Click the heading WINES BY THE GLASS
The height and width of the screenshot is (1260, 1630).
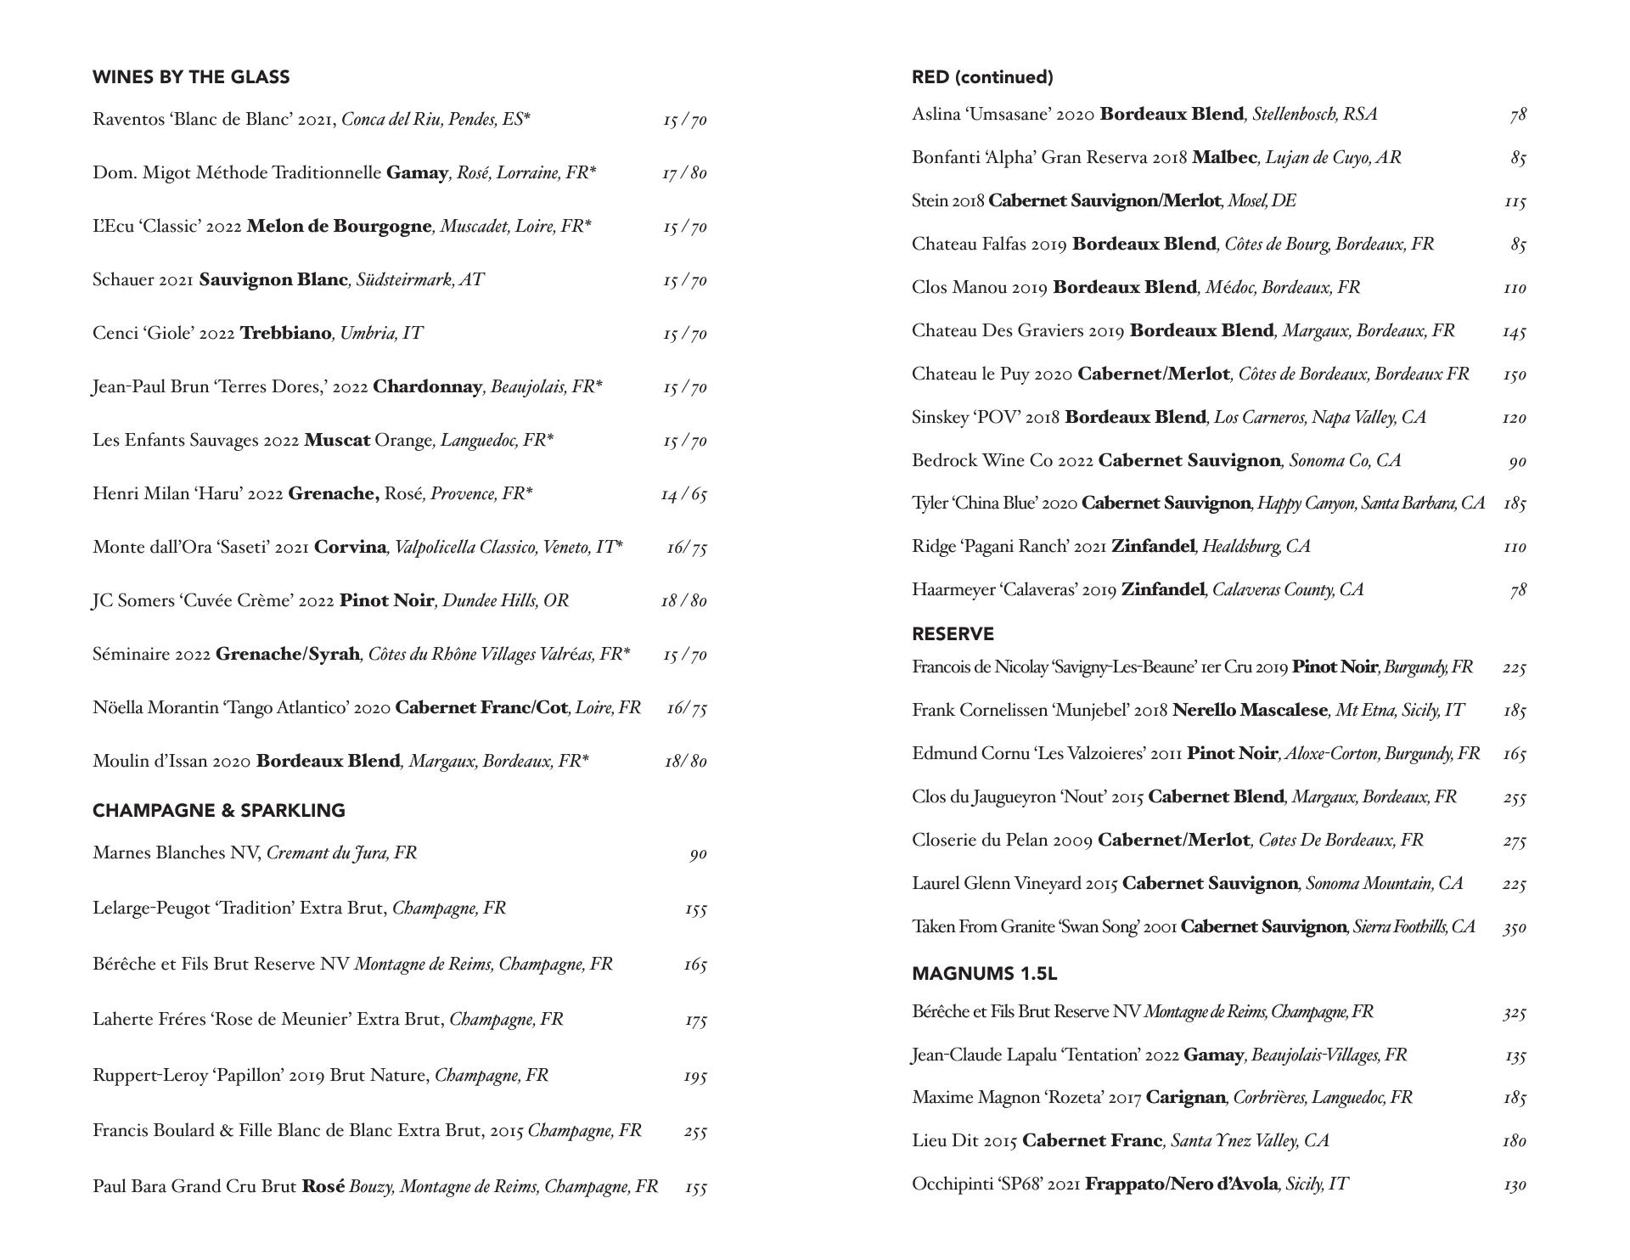coord(191,77)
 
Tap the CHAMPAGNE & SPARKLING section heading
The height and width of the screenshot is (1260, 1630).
coord(219,811)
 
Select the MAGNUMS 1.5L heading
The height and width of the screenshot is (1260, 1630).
coord(984,974)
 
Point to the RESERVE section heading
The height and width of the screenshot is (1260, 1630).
coord(953,634)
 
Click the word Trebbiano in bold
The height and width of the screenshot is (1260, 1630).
coord(285,333)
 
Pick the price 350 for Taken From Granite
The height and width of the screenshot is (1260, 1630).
coord(1514,927)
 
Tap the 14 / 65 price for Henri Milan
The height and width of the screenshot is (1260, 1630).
coord(683,494)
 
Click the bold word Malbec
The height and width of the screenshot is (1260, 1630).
coord(1224,158)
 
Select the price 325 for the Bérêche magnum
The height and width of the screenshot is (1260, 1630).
coord(1514,1012)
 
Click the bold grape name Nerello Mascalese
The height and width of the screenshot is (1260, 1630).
coord(1250,711)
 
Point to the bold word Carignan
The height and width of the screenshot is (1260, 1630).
coord(1185,1098)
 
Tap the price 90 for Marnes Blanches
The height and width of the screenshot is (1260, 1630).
coord(698,854)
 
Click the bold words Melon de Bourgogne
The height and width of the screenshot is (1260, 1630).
coord(339,227)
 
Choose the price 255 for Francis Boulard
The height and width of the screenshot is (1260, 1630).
coord(694,1131)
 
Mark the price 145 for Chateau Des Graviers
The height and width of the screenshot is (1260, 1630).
coord(1514,331)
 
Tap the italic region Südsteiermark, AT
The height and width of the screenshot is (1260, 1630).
coord(419,280)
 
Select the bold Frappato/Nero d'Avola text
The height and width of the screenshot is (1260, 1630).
coord(1182,1184)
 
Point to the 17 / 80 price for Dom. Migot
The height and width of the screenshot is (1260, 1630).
coord(684,173)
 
